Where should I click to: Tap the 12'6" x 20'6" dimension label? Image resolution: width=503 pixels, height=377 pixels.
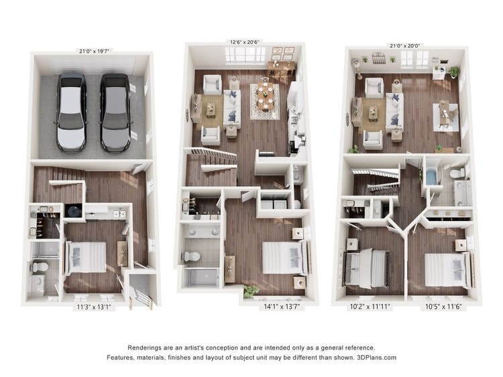pyautogui.click(x=244, y=42)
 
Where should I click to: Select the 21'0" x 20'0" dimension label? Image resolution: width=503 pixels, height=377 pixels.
pyautogui.click(x=405, y=46)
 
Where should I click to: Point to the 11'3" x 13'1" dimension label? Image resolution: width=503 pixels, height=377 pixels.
pyautogui.click(x=94, y=307)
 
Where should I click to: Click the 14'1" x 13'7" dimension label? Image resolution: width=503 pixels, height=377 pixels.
pyautogui.click(x=282, y=307)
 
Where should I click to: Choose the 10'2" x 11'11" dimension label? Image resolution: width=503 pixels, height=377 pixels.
pyautogui.click(x=370, y=307)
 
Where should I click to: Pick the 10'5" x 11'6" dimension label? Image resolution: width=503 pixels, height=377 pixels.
pyautogui.click(x=443, y=307)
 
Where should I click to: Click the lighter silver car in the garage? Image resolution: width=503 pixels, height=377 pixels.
pyautogui.click(x=71, y=112)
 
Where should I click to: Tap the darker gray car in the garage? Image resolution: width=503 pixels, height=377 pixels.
pyautogui.click(x=115, y=112)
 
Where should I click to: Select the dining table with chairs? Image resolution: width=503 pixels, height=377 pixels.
pyautogui.click(x=266, y=96)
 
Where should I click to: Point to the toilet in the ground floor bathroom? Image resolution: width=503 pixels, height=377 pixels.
pyautogui.click(x=40, y=267)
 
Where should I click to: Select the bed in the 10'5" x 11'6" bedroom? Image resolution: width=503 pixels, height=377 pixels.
pyautogui.click(x=449, y=269)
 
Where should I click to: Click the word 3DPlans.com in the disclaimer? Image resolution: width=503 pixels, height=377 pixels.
pyautogui.click(x=376, y=358)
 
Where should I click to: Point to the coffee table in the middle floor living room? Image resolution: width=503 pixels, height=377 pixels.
pyautogui.click(x=211, y=110)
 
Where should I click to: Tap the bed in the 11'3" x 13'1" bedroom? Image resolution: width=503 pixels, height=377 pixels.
pyautogui.click(x=86, y=257)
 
